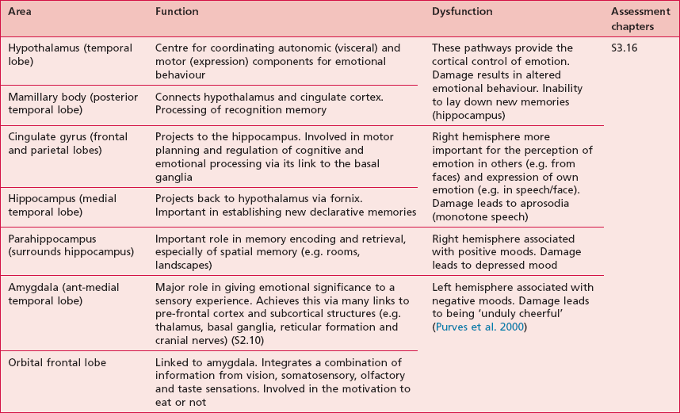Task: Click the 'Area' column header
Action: pos(21,13)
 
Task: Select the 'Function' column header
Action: pos(177,13)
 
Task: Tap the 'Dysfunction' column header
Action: pos(462,13)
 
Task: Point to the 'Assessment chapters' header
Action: pos(636,19)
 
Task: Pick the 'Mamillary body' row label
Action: pos(62,103)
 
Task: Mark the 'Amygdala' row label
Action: pos(61,293)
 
